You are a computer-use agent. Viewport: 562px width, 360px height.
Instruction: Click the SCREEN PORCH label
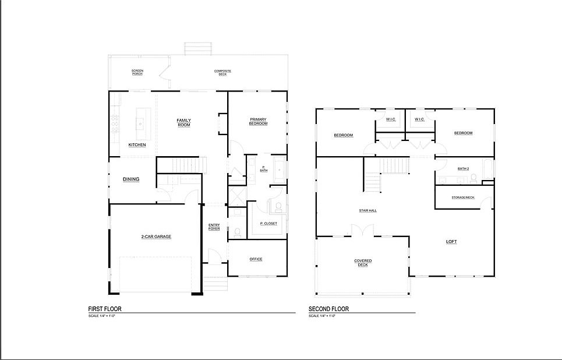[137, 73]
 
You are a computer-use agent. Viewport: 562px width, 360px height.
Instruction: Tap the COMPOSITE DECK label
[222, 73]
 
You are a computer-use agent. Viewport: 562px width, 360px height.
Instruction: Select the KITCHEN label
[137, 145]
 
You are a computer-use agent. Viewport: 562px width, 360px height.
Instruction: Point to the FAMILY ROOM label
[184, 123]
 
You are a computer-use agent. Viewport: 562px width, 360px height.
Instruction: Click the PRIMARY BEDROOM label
[258, 121]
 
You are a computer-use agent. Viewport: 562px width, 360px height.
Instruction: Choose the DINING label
[131, 179]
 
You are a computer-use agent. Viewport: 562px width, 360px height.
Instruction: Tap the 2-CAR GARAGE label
[155, 237]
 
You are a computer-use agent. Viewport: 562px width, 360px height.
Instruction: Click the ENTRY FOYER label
[214, 227]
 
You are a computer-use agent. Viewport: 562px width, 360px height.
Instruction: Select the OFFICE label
[256, 259]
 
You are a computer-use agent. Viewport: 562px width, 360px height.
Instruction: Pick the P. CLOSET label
[268, 224]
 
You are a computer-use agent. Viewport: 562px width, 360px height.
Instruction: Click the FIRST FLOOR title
[104, 309]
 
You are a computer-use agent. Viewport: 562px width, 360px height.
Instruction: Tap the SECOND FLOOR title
[328, 309]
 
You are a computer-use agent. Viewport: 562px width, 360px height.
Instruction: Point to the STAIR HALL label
[367, 210]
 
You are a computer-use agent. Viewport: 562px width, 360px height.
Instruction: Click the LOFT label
[452, 241]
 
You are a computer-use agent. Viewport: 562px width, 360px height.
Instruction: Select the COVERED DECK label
[363, 263]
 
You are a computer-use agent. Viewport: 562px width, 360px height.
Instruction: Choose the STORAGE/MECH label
[463, 197]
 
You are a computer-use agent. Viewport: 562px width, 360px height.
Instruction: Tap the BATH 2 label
[463, 168]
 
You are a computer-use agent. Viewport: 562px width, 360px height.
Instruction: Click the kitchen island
[140, 121]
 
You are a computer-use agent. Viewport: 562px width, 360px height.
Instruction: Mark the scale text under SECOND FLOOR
[323, 316]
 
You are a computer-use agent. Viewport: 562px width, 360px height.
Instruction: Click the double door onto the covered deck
[360, 231]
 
